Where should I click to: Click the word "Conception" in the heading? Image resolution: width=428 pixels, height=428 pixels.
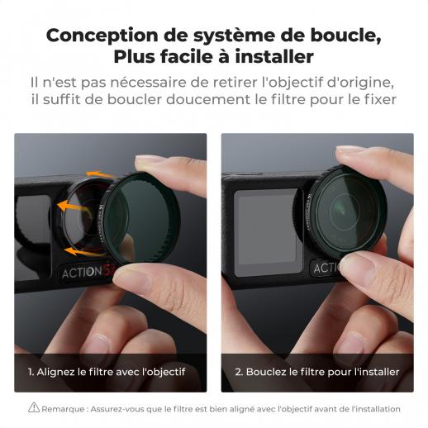point(102,36)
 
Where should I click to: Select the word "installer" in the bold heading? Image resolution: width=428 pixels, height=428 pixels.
point(274,56)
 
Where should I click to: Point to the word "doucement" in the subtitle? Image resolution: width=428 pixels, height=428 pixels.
point(208,99)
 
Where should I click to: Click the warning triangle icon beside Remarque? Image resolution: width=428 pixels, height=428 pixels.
point(34,407)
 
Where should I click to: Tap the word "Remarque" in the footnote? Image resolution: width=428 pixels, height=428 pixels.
point(63,409)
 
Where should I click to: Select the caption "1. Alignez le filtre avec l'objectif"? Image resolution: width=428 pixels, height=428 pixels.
point(107,372)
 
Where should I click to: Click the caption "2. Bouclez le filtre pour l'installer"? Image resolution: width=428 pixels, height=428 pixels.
point(317,372)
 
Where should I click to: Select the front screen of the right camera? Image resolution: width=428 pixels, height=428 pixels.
point(267,232)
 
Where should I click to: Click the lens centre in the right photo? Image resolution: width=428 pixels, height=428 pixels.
point(345,210)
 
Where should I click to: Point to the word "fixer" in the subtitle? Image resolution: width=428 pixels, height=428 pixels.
point(381,99)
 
